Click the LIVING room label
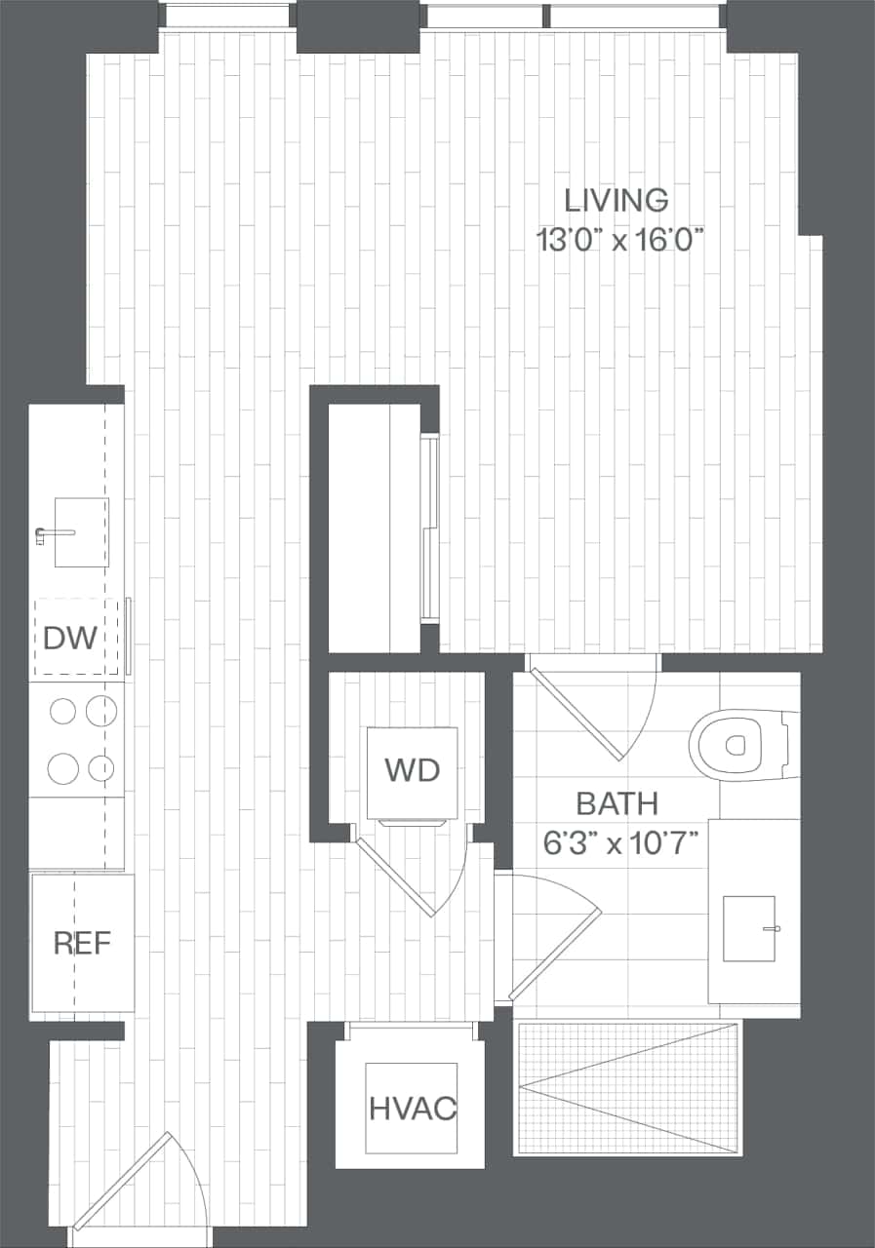pos(616,200)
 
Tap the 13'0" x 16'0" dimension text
pos(620,240)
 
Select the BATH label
pos(616,804)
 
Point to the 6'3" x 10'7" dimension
pos(620,842)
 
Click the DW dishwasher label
pos(70,639)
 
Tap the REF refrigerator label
pos(82,943)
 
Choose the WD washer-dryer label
pos(412,770)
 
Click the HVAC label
pos(413,1109)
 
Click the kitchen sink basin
pos(82,531)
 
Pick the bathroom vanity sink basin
pos(748,928)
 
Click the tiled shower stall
pos(626,1087)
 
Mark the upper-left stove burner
pos(62,712)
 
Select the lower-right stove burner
pos(101,769)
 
